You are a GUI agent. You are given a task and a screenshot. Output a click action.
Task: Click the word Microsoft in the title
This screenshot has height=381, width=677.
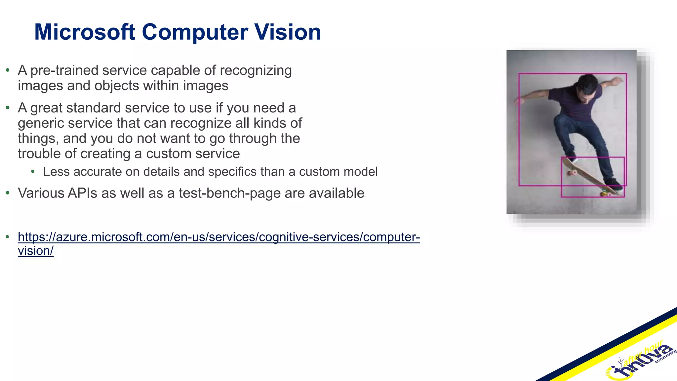click(85, 32)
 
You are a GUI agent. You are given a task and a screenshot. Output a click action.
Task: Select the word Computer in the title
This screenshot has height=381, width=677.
click(195, 32)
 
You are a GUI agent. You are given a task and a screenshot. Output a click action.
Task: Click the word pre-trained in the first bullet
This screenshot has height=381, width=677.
click(65, 70)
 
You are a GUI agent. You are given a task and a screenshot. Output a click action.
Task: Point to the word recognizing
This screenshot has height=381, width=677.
click(256, 70)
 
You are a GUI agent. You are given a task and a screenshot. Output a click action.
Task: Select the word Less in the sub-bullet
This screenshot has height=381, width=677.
click(56, 172)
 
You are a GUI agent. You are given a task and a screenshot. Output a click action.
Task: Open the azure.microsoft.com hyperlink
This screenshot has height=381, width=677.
click(219, 237)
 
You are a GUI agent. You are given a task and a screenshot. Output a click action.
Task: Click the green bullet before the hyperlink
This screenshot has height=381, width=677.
click(8, 237)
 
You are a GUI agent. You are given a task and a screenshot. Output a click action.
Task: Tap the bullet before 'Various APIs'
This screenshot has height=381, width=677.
click(8, 193)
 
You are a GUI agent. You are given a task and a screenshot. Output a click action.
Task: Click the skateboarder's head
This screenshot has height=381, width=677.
click(588, 85)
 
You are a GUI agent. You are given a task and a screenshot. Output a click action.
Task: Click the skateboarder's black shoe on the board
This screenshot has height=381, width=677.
click(613, 184)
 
